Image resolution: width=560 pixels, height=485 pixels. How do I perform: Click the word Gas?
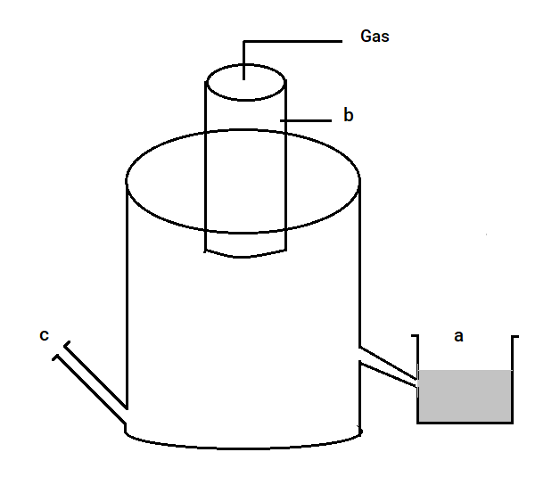pos(375,36)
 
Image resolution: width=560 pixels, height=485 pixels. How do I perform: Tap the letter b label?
pos(348,115)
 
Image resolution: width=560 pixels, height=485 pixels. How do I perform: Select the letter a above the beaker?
pos(458,336)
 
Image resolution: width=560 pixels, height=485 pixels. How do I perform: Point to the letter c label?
pos(44,335)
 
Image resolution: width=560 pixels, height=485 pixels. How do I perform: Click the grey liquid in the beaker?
pos(465,396)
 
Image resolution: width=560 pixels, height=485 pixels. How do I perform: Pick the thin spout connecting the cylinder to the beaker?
pos(388,367)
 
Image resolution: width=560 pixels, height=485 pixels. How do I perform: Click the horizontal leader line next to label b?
pos(306,120)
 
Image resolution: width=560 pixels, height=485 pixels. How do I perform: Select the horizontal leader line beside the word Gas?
pos(292,41)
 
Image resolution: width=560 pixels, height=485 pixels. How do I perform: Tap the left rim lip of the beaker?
pos(415,336)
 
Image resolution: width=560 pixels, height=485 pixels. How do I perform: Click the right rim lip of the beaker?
pos(515,337)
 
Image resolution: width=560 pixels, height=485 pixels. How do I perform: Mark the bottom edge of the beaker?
pos(465,423)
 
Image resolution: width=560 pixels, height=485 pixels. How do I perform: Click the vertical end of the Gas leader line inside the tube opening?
pos(244,61)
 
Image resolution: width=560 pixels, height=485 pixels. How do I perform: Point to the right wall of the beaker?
pos(514,380)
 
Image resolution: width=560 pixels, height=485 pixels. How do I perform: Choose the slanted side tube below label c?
pos(91,382)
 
